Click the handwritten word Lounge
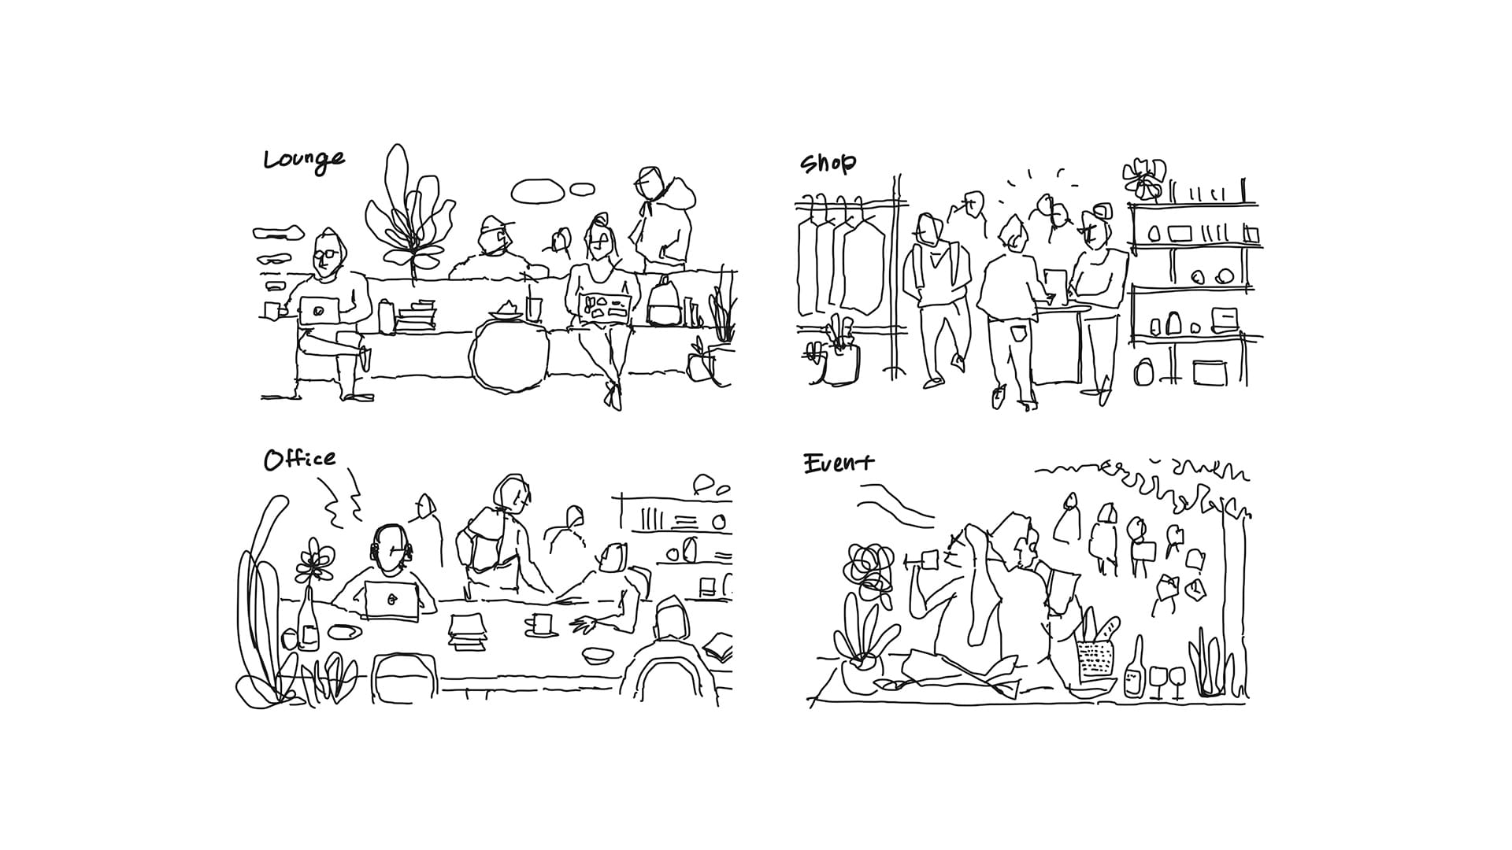[x=304, y=161]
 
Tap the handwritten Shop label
[x=828, y=164]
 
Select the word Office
[x=299, y=459]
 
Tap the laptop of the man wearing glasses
[x=320, y=310]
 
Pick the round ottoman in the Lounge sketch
[x=509, y=357]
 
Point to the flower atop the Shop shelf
[x=1144, y=179]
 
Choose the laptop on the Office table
[x=391, y=601]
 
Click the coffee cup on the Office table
[x=539, y=624]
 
